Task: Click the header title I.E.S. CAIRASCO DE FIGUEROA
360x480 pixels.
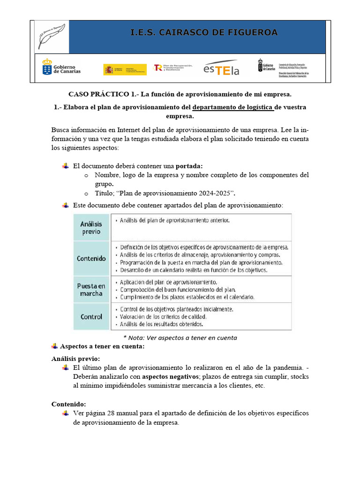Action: pyautogui.click(x=203, y=32)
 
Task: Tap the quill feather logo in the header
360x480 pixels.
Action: pyautogui.click(x=51, y=37)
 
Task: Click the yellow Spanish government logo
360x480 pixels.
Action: pyautogui.click(x=125, y=69)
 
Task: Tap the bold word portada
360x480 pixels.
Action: pyautogui.click(x=189, y=166)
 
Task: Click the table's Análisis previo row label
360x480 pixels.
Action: pyautogui.click(x=91, y=228)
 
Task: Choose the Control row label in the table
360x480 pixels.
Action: pyautogui.click(x=91, y=317)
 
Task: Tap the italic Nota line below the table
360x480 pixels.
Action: pyautogui.click(x=180, y=337)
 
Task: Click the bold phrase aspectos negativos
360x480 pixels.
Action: pyautogui.click(x=170, y=377)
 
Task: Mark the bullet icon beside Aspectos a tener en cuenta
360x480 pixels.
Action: pyautogui.click(x=55, y=346)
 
